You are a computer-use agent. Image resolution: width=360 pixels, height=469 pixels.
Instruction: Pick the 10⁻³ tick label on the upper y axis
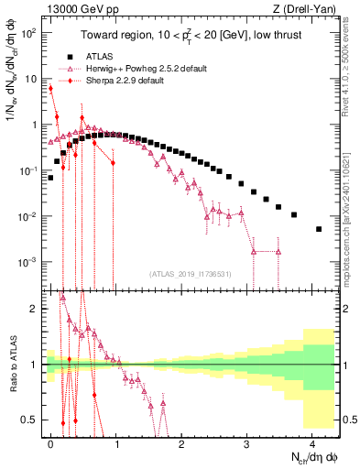[x=28, y=262]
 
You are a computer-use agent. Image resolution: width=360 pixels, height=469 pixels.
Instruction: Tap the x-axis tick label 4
[x=312, y=442]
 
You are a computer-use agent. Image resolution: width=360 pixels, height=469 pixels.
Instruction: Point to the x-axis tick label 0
[x=51, y=442]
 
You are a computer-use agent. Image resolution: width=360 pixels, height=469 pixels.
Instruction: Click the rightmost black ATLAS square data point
[x=319, y=229]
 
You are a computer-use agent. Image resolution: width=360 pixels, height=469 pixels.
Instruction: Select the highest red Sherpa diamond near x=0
[x=51, y=89]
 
